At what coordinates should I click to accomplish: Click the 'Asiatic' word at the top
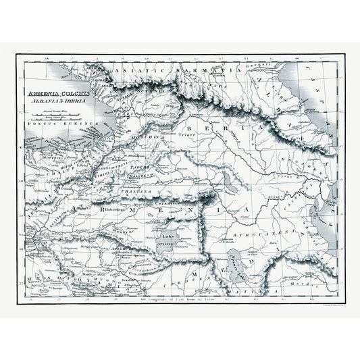(142, 71)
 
